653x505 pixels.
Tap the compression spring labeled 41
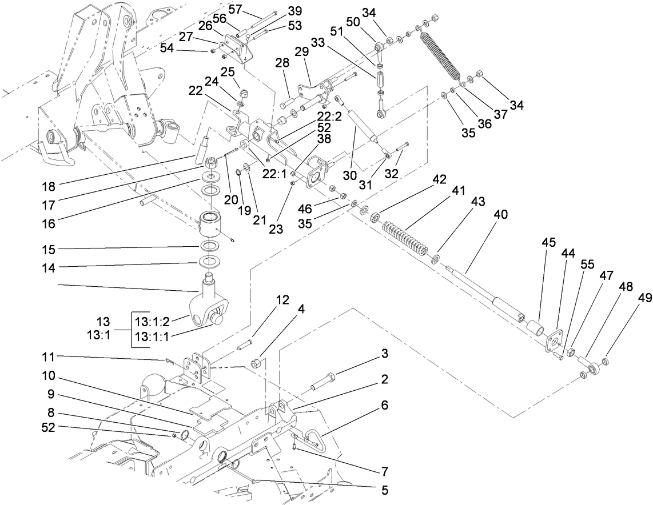405,235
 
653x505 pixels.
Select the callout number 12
282,300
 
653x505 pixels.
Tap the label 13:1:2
153,321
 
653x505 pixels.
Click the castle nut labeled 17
213,165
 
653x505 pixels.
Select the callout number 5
384,490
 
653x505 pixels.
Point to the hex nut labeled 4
257,363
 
